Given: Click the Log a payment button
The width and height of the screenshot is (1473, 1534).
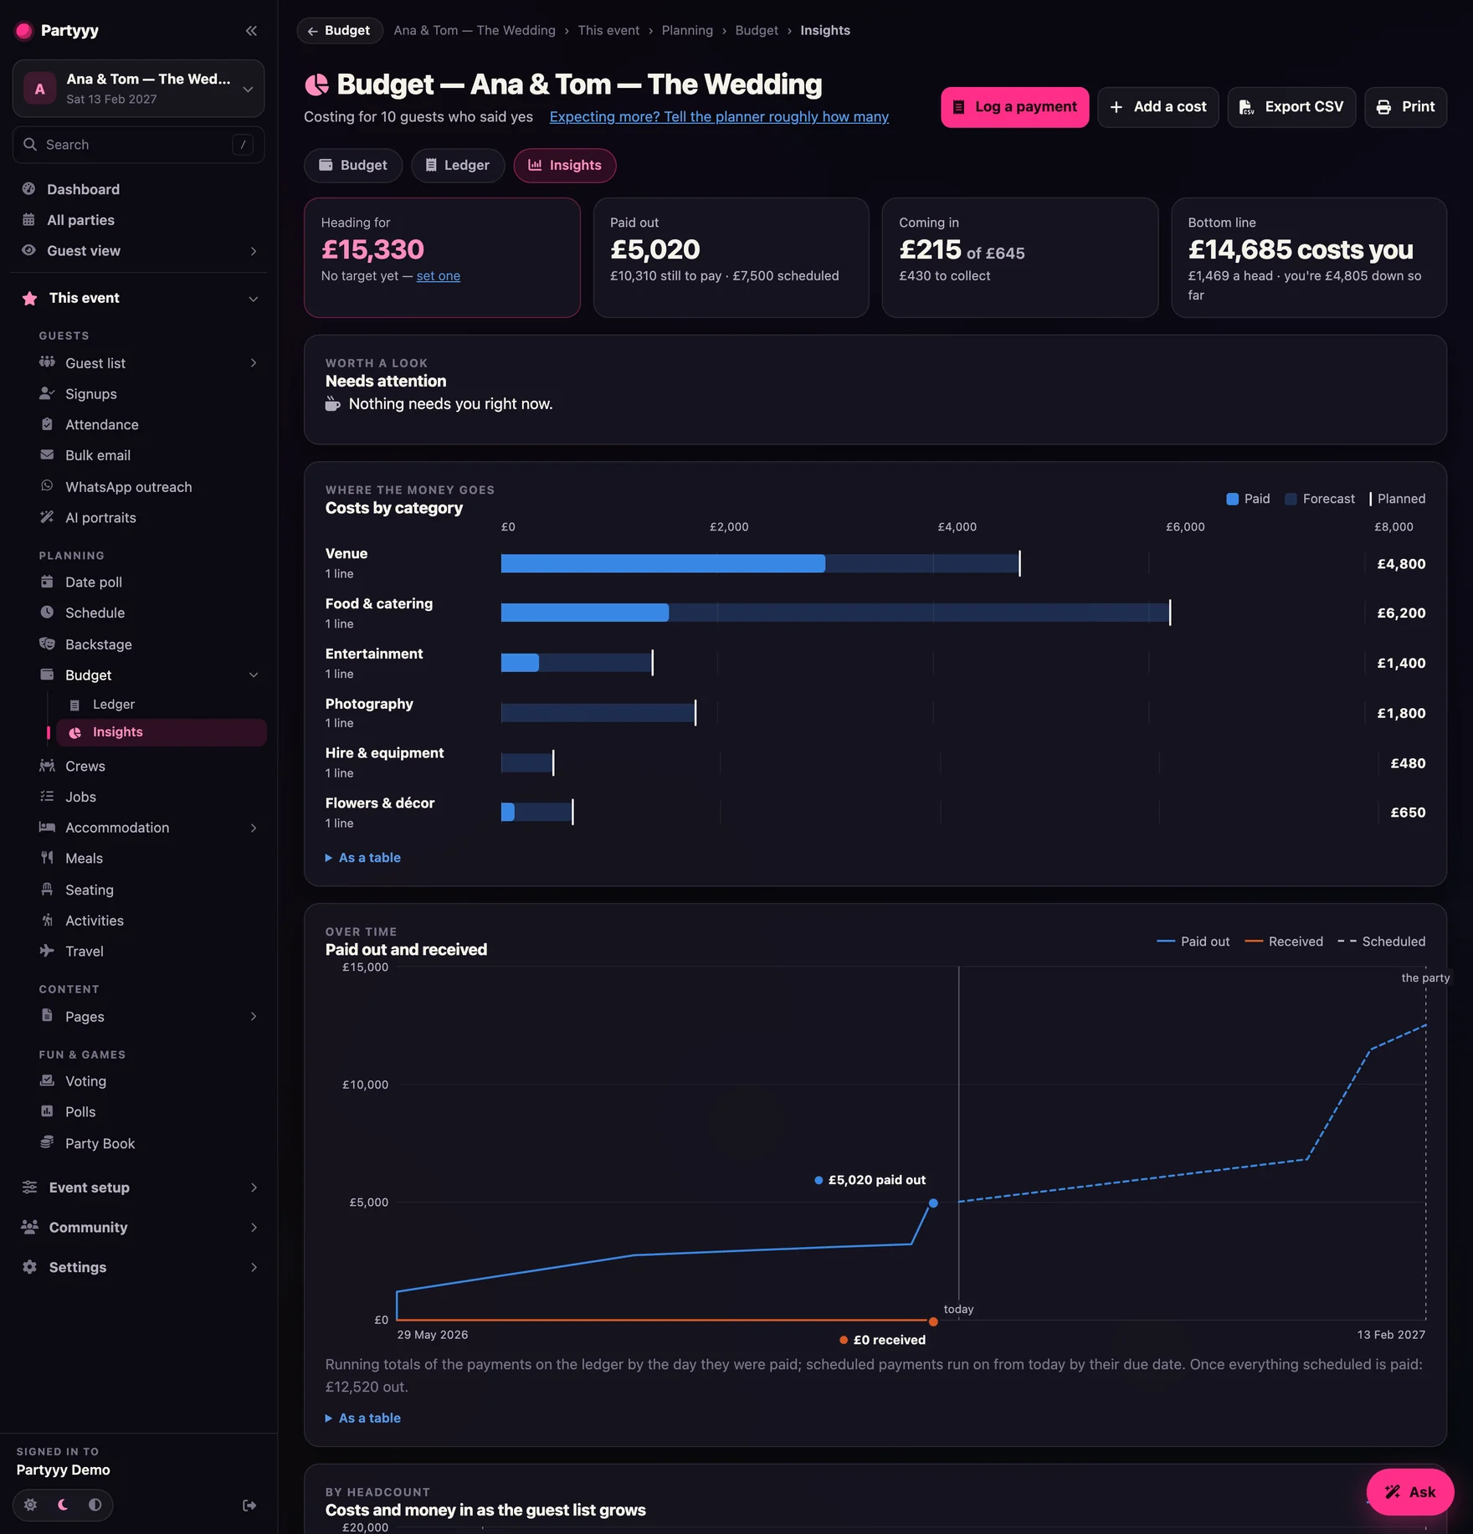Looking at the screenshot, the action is tap(1014, 107).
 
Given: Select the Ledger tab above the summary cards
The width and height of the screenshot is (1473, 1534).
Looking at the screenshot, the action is tap(457, 166).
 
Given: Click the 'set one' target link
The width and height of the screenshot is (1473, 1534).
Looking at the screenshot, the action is tap(439, 276).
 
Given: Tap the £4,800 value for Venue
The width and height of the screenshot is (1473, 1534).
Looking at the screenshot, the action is tap(1401, 564).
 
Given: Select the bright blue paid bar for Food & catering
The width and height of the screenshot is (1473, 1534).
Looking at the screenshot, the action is tap(585, 613).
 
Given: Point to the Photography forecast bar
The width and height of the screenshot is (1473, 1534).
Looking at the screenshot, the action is tap(598, 713).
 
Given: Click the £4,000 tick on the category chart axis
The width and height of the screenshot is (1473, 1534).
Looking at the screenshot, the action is tap(957, 527).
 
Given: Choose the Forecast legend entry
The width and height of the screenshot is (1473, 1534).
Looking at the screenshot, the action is tap(1320, 499).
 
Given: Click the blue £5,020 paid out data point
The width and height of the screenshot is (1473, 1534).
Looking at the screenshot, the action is tap(933, 1203).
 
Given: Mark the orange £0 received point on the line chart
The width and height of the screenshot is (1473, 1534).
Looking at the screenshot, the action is tap(933, 1322).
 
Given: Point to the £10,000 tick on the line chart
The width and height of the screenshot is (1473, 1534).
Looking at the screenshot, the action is tap(365, 1085).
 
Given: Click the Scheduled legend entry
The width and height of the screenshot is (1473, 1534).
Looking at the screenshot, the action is tap(1381, 941).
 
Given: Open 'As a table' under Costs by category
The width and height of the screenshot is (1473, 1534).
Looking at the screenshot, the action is tap(363, 858).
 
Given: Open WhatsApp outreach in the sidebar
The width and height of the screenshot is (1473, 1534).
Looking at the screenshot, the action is tap(129, 487).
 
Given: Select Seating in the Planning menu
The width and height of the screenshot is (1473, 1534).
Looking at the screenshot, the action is tap(90, 890).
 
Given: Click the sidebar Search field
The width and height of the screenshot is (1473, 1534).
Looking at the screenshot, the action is tap(139, 145).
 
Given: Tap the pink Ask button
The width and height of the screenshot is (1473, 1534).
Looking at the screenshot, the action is tap(1410, 1492).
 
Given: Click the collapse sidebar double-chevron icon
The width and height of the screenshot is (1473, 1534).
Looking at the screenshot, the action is tap(251, 31).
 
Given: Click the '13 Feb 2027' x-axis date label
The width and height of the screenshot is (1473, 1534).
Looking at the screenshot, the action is tap(1391, 1335).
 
